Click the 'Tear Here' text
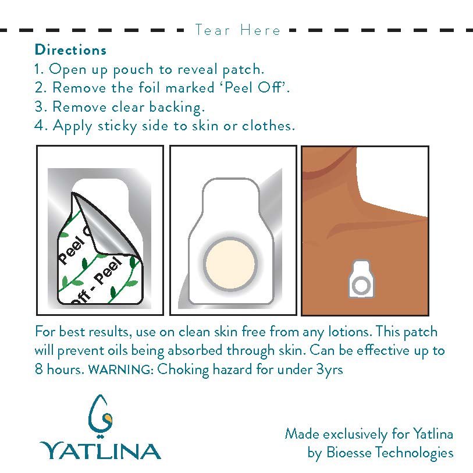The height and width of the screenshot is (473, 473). coord(237,30)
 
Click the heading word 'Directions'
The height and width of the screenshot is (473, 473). coord(70,49)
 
